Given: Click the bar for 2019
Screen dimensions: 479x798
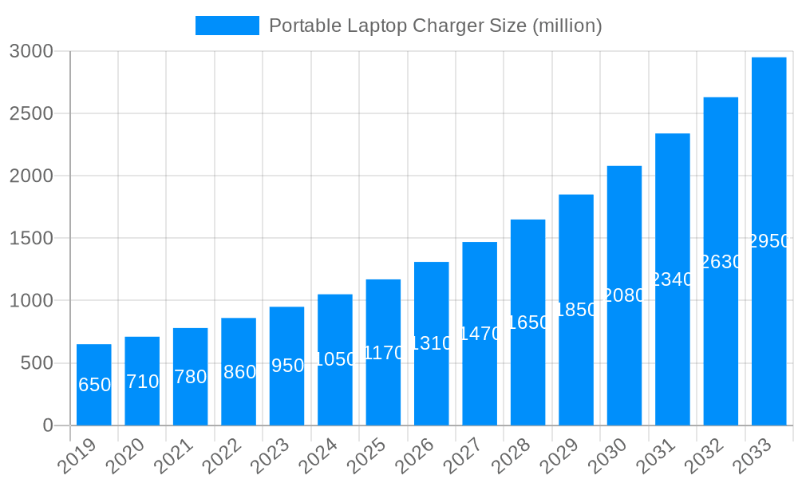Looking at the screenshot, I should [94, 385].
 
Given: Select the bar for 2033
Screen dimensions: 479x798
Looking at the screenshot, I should [768, 241].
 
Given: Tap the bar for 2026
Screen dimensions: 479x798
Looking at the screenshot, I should [431, 343].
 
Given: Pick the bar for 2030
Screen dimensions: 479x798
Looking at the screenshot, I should [624, 295].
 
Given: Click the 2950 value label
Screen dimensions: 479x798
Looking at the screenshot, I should [769, 241].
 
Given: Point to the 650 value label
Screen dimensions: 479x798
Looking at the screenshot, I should [94, 385].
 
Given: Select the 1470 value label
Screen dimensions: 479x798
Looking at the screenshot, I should [480, 334].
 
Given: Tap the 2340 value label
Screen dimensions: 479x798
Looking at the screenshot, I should [673, 279].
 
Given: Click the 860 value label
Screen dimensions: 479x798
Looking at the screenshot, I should [239, 372].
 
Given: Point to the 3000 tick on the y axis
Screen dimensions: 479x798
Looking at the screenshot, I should [31, 51].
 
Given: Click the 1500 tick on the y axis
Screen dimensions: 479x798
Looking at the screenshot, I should [31, 238].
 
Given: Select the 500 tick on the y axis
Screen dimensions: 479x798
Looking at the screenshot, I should [36, 363].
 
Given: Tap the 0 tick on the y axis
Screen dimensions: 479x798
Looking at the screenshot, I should [48, 426].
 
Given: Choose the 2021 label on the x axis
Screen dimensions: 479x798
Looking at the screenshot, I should [175, 457].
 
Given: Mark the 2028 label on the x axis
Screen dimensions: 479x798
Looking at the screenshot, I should [512, 457].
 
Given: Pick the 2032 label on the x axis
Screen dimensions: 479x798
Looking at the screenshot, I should [705, 457].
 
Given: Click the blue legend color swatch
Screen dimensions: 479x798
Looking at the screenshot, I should [227, 26].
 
